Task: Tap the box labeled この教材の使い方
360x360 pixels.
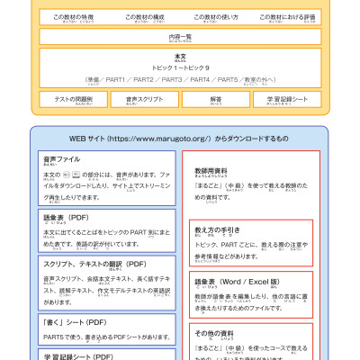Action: tap(217, 18)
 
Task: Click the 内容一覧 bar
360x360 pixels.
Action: tap(180, 37)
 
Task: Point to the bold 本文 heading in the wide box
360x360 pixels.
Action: tap(180, 56)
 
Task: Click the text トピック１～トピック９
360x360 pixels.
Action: tap(180, 67)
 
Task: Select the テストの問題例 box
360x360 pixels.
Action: tap(74, 99)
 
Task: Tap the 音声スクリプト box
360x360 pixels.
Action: tap(144, 99)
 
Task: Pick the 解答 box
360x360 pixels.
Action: tap(216, 99)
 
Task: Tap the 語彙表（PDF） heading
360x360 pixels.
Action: tap(65, 217)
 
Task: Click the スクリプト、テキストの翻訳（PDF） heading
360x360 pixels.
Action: tap(94, 264)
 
